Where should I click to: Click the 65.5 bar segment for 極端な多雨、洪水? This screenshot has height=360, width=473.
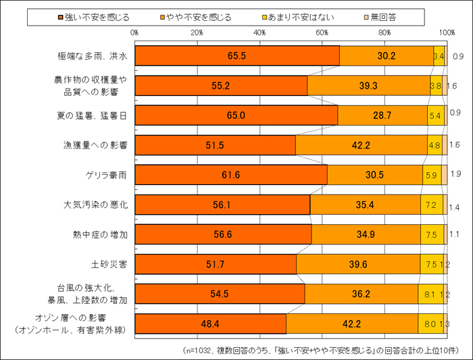(x=237, y=56)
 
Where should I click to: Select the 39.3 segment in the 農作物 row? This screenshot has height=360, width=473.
(x=368, y=86)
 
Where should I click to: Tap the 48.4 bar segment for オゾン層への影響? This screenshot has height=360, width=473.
(x=210, y=324)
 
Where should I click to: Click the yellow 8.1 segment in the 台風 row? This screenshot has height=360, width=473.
(x=430, y=294)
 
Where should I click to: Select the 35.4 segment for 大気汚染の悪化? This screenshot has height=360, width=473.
(x=365, y=205)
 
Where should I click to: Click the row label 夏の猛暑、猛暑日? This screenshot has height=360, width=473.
(x=91, y=115)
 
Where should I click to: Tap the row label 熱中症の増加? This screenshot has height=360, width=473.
(x=100, y=234)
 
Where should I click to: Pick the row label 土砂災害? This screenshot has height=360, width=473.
(x=109, y=264)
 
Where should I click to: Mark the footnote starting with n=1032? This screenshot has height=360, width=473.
(x=321, y=350)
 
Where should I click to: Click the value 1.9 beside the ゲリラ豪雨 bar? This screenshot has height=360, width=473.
(x=455, y=175)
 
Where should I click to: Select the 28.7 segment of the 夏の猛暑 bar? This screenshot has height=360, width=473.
(x=382, y=115)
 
